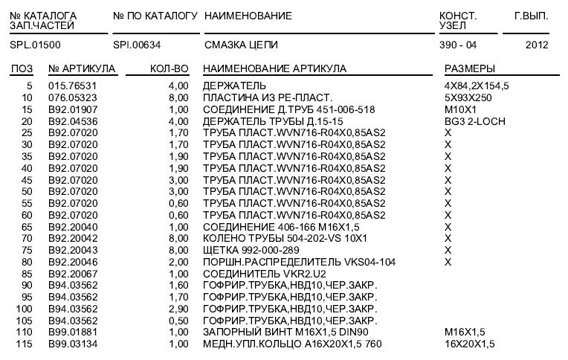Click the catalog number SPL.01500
30,45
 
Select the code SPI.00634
136,45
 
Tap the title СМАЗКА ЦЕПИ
235,45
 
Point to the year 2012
536,45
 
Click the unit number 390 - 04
458,45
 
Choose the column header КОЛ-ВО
170,69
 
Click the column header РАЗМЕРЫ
469,69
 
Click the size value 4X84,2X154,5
477,86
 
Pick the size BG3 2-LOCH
474,120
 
